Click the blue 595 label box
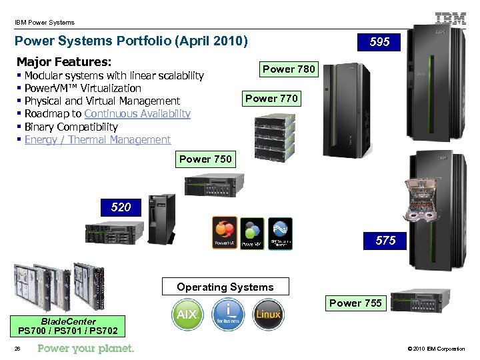(x=380, y=42)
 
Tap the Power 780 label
(x=289, y=69)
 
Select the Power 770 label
(x=271, y=99)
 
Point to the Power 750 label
(x=205, y=159)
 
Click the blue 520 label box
(x=121, y=207)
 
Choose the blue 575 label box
(x=385, y=240)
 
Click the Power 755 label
(x=355, y=303)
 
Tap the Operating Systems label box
(x=225, y=287)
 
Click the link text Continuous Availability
(x=137, y=114)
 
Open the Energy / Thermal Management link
(x=97, y=139)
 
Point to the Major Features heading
(x=63, y=61)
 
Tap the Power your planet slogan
(x=86, y=349)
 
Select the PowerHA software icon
(x=224, y=232)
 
